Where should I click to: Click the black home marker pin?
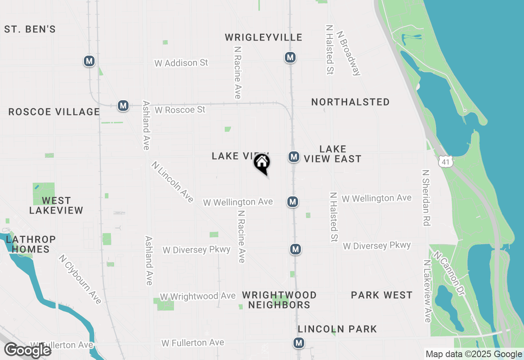(x=262, y=163)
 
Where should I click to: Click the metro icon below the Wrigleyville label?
(x=290, y=58)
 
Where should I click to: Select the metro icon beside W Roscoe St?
(x=123, y=106)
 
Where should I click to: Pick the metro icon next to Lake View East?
(x=293, y=157)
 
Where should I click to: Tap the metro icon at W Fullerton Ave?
(x=299, y=343)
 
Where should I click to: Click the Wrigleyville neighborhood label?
(x=264, y=38)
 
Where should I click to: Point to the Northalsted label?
(x=350, y=102)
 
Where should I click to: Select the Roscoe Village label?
(x=54, y=112)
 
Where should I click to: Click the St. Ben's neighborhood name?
(x=30, y=29)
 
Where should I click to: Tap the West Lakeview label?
(x=56, y=205)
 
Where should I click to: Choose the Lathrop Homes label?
(x=31, y=244)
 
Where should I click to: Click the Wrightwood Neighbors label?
(x=279, y=300)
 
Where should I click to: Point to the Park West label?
(x=382, y=295)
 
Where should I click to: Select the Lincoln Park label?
(x=337, y=329)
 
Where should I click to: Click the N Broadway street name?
(x=348, y=52)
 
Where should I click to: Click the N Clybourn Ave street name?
(x=80, y=279)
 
